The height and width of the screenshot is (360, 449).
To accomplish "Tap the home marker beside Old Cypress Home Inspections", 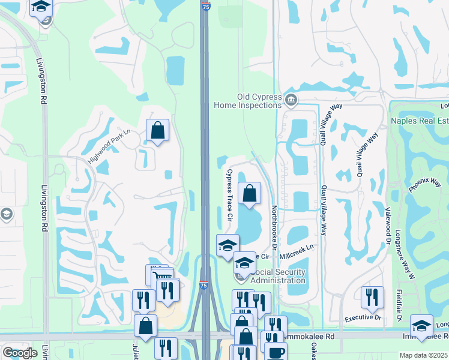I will pos(292,100).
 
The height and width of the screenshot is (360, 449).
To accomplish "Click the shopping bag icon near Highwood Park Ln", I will pos(157,130).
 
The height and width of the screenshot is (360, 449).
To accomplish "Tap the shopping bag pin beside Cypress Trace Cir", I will pos(250,194).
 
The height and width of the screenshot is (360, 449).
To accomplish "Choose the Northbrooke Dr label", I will pos(274,226).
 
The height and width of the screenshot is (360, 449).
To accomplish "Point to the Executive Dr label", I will pos(363,317).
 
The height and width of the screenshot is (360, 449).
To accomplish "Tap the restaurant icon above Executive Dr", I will pos(373,297).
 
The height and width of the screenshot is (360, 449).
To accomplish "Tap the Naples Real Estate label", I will pos(420,121).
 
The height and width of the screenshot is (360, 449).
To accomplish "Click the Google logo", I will pos(20,353).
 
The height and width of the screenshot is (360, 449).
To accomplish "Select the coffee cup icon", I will pos(276,352).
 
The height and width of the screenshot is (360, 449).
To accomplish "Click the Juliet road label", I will pos(135,350).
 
